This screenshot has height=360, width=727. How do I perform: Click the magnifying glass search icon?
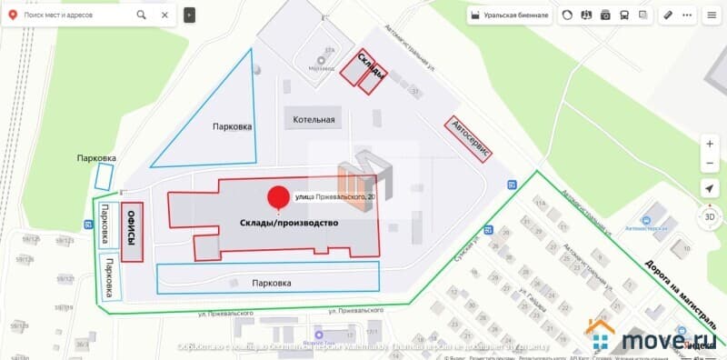pos(143,15)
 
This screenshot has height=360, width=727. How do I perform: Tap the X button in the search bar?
pos(165,15)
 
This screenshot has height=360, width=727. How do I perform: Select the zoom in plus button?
pos(709,144)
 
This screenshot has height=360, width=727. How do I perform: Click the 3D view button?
pos(709,219)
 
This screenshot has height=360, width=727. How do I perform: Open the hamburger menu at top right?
pos(711,15)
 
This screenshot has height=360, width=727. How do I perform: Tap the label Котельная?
pos(314,119)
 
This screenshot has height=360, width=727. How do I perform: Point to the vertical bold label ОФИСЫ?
pos(133,231)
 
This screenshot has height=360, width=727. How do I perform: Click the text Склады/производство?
pos(289,224)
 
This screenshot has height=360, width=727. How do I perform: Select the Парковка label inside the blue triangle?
pos(232,127)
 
